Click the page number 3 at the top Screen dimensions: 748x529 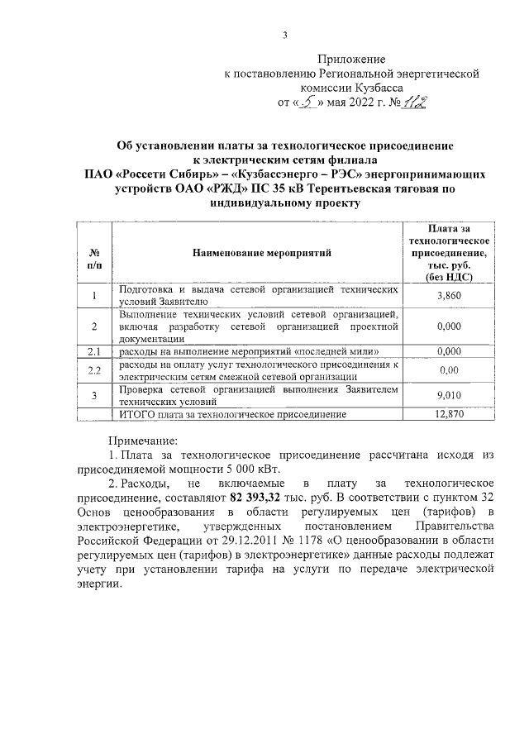tap(284, 35)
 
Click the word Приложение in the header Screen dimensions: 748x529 tap(352, 60)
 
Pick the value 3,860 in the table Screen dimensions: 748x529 tap(447, 295)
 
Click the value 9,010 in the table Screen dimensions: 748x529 tap(447, 395)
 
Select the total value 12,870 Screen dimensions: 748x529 tap(447, 413)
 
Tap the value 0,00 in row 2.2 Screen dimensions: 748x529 tap(447, 369)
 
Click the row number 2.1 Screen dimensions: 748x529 tap(94, 351)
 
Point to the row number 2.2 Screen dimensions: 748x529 tap(94, 369)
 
